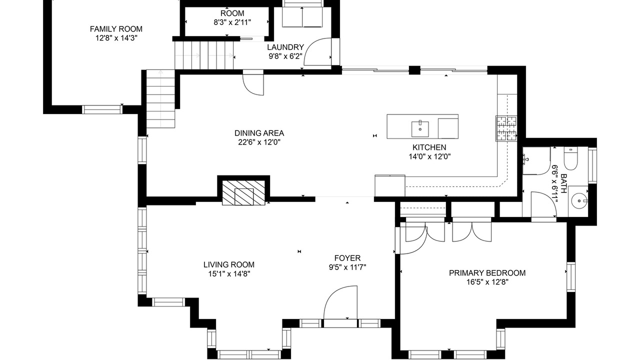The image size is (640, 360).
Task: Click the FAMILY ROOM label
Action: coord(116,29)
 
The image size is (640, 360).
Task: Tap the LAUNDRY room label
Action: coord(285,47)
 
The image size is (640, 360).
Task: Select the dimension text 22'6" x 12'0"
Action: coord(259,142)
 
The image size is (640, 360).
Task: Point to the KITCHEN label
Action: coord(429,147)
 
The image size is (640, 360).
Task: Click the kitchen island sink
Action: coord(420,129)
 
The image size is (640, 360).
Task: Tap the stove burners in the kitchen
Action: coord(506,128)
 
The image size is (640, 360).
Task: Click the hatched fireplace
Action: coord(243,192)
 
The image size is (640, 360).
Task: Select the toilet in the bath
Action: coord(570,158)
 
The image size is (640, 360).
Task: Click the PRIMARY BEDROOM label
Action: coord(487,273)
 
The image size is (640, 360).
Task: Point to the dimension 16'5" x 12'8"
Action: coord(487,282)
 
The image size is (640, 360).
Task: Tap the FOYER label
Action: coord(347,258)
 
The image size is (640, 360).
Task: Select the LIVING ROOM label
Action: coord(229,265)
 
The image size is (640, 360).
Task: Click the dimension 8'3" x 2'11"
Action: coord(232,22)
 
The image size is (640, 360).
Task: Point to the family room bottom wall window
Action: coord(102,109)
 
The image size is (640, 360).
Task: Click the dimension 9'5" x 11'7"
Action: coord(347,267)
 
